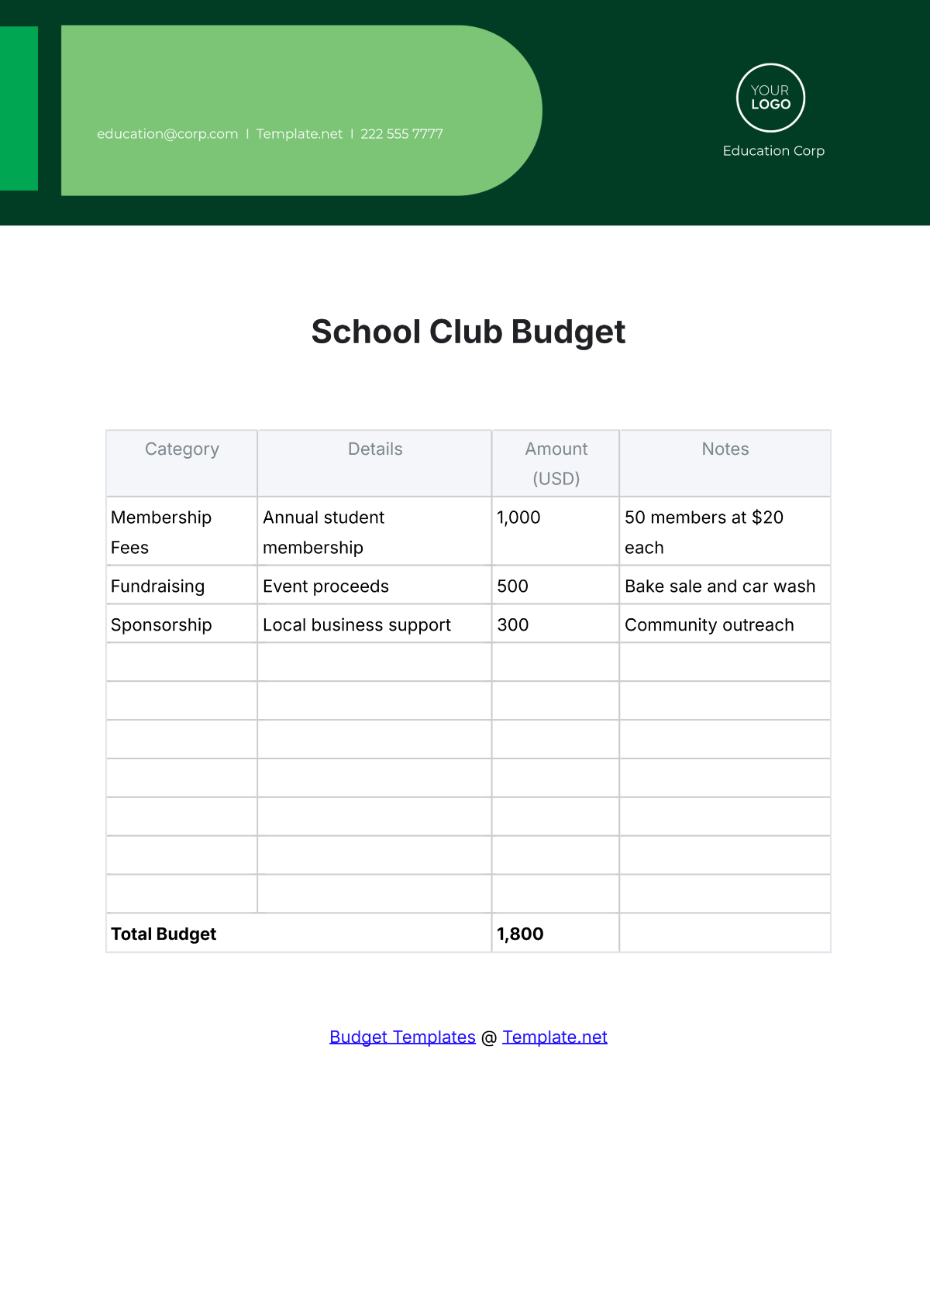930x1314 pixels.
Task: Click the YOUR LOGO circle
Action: [770, 98]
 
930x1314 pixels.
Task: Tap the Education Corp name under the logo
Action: [773, 151]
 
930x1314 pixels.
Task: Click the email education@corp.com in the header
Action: [167, 134]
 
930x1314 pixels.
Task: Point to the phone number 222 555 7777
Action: [401, 134]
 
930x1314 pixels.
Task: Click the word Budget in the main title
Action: [568, 332]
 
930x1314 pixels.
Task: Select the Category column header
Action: [182, 449]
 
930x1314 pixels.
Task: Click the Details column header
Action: [375, 449]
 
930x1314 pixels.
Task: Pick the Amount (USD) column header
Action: [556, 463]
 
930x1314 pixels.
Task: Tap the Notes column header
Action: [725, 449]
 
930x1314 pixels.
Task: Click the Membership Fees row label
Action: [161, 532]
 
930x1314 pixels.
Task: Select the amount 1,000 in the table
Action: [518, 518]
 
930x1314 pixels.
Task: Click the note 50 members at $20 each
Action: [704, 532]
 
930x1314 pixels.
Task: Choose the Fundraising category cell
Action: [158, 586]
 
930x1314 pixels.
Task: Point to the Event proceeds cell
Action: [325, 586]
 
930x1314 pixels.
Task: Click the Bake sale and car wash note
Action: [720, 586]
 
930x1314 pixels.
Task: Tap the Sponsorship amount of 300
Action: [513, 625]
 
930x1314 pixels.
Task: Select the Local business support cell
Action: [356, 625]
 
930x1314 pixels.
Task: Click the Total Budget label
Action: [164, 934]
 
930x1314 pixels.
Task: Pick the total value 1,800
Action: [520, 934]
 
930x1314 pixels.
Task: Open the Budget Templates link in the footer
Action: [402, 1037]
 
